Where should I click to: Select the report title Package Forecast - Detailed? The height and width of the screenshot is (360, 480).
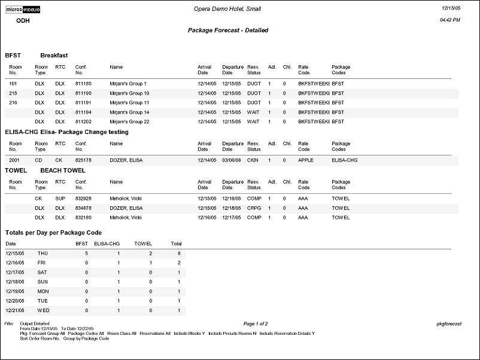[227, 30]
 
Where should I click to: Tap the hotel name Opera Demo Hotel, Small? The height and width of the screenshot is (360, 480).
[227, 9]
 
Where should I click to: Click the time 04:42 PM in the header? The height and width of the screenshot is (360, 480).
[449, 20]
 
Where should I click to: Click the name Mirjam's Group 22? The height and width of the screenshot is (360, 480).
[129, 122]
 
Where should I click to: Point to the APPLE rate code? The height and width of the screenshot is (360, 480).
[306, 160]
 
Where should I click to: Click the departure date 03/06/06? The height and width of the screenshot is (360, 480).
[232, 160]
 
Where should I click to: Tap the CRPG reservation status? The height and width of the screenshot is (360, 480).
[254, 208]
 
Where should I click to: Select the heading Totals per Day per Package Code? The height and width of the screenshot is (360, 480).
[53, 233]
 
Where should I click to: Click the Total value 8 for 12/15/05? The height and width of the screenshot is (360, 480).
[179, 254]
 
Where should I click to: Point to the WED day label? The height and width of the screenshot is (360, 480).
[43, 311]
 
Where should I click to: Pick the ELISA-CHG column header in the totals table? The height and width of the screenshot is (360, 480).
[107, 244]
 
